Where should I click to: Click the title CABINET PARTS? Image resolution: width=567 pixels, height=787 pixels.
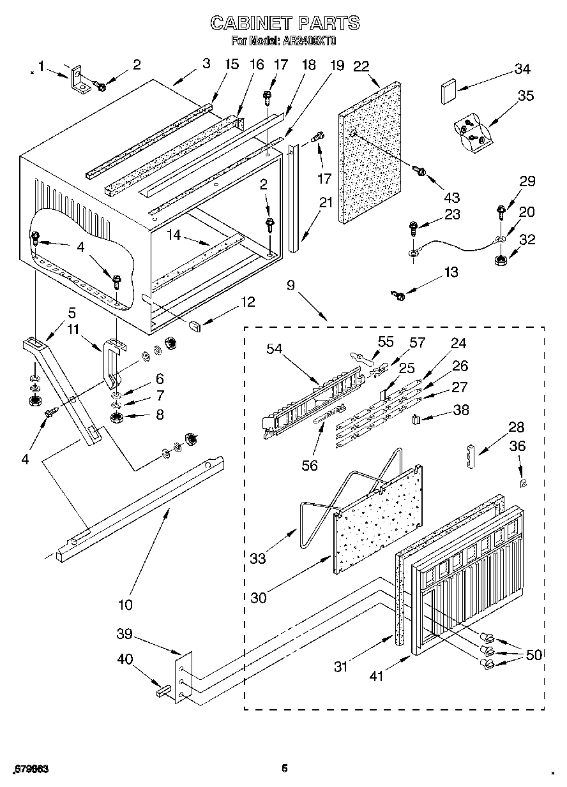(285, 24)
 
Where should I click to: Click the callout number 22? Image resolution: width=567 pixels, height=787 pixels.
(361, 66)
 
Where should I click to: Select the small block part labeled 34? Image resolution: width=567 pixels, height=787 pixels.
(446, 91)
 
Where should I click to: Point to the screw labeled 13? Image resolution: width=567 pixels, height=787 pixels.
(399, 295)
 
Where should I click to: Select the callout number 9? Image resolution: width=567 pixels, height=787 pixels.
(291, 286)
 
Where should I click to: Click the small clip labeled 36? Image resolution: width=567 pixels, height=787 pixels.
(523, 483)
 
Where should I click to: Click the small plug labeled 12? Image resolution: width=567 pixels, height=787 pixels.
(195, 324)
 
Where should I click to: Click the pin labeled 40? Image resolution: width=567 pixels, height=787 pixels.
(162, 689)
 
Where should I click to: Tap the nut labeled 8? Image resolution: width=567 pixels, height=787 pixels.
(117, 418)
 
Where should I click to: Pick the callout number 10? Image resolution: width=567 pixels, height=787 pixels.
(125, 605)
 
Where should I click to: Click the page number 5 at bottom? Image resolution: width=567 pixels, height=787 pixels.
(285, 768)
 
